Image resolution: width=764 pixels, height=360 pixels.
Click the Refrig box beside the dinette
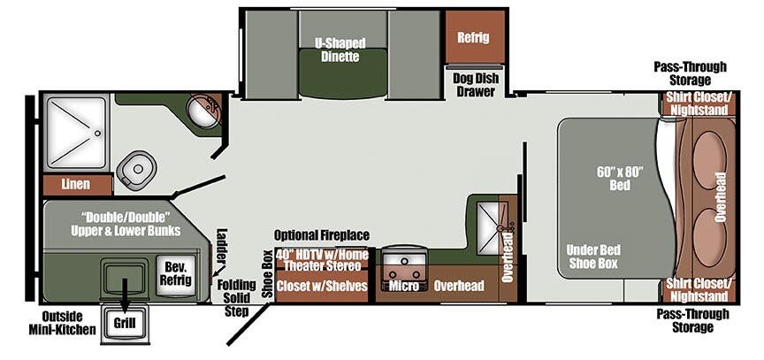474,37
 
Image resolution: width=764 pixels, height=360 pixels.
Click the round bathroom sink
205,111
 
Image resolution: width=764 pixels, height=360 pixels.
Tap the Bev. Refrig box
173,272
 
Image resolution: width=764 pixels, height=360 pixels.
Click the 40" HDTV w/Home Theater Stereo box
318,260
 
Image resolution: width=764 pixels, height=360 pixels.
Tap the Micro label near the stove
403,287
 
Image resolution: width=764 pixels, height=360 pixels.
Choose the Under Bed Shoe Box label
592,257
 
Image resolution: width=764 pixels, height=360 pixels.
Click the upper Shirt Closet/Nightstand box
699,103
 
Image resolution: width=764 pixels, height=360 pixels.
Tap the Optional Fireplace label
322,235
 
